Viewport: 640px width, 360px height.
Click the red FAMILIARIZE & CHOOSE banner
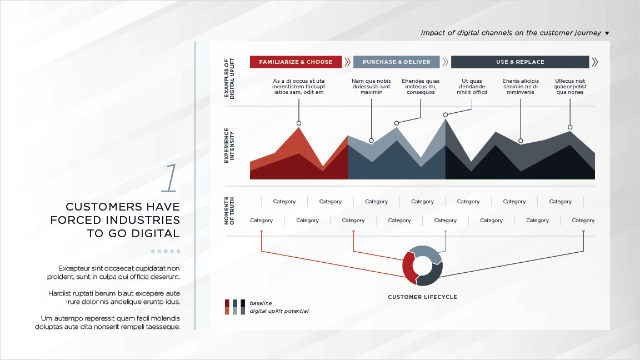coord(296,62)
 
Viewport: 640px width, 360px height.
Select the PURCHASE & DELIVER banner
coord(396,62)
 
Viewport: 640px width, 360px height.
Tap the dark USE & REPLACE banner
coord(520,62)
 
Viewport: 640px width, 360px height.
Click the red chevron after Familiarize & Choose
coord(347,62)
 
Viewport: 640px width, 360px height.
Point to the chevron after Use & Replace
coord(594,62)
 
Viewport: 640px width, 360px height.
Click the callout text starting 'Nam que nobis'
coord(372,87)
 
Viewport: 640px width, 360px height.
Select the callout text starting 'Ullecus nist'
coord(570,87)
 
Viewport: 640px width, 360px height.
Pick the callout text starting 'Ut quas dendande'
coord(472,87)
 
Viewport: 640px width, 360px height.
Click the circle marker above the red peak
coord(299,123)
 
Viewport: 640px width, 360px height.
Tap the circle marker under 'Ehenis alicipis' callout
coord(521,141)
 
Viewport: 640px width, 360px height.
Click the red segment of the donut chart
coord(408,267)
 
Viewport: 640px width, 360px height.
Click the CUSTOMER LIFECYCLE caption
coord(422,297)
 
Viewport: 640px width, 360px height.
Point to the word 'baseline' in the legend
coord(261,303)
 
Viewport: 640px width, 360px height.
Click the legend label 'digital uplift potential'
coord(279,311)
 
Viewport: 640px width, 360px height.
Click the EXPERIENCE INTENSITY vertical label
coord(229,146)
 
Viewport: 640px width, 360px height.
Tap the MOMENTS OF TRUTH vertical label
coord(229,211)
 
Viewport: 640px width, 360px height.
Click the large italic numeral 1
coord(169,178)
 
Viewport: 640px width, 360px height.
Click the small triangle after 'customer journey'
coord(607,33)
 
